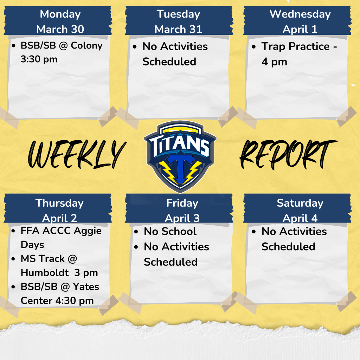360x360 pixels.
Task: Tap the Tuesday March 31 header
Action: point(178,21)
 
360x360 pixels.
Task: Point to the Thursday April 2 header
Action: point(59,210)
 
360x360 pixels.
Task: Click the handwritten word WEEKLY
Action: point(76,154)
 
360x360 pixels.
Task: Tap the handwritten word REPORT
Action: point(287,154)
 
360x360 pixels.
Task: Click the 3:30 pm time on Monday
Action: point(39,59)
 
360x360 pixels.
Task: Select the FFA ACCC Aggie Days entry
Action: point(60,238)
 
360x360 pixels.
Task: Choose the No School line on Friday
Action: point(170,232)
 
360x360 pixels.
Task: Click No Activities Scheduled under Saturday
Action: point(294,239)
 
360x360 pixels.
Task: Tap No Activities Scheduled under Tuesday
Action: point(175,54)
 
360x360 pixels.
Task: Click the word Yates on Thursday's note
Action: point(86,287)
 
